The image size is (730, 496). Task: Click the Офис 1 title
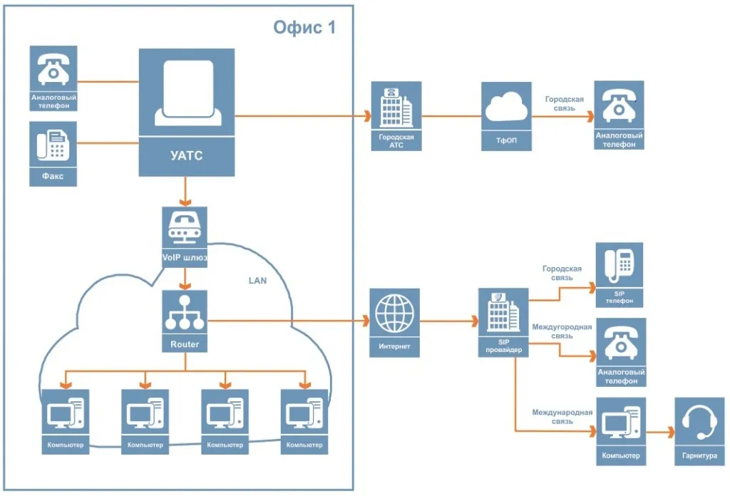[304, 29]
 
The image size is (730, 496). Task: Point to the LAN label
[257, 281]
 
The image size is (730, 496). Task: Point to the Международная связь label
[562, 417]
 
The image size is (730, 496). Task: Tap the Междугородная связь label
[562, 331]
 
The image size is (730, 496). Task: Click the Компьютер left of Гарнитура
[620, 431]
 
